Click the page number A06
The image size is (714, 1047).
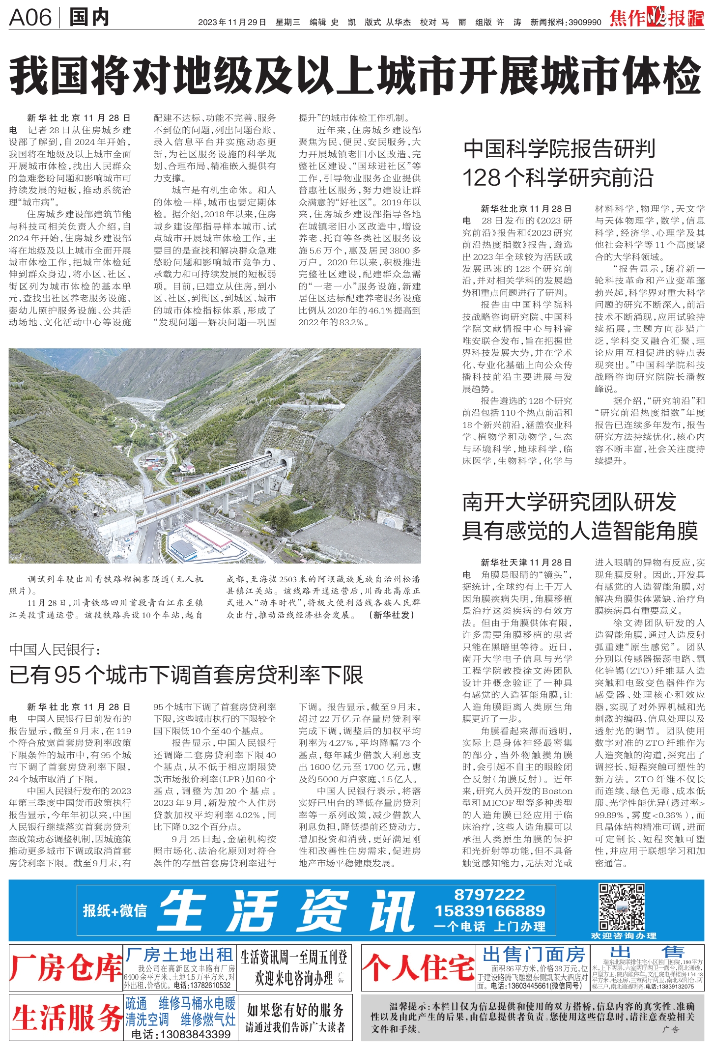click(x=30, y=18)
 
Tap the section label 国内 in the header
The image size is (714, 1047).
click(x=89, y=18)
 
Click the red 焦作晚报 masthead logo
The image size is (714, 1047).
click(x=656, y=18)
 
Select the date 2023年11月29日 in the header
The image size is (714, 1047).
click(x=232, y=22)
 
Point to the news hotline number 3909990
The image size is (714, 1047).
click(x=585, y=22)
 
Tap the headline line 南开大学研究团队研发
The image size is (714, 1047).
click(x=569, y=502)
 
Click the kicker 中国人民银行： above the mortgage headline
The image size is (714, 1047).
click(x=55, y=650)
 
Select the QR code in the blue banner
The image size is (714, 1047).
click(x=621, y=906)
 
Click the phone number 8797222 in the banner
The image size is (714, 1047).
click(x=489, y=895)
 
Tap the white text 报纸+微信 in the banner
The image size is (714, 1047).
click(x=115, y=910)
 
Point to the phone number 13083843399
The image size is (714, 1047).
click(x=181, y=1034)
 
